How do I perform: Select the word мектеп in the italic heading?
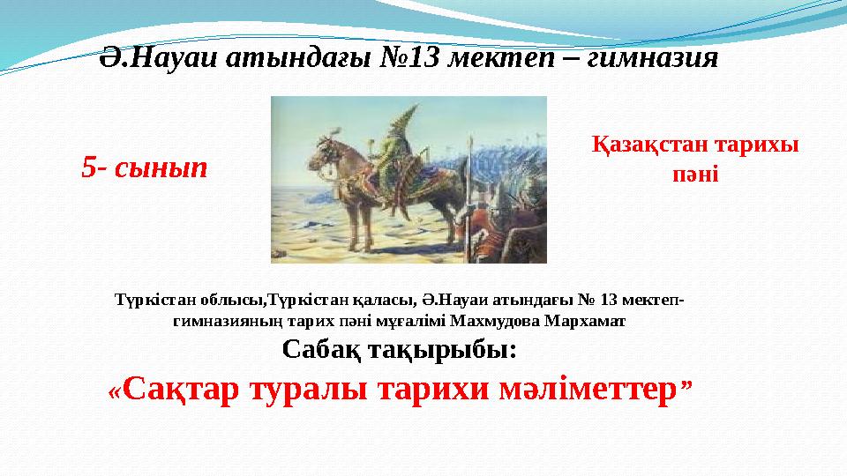click(x=502, y=58)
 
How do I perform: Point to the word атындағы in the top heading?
click(x=298, y=58)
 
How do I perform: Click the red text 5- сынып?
click(x=144, y=167)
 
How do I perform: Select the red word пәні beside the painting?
click(x=695, y=175)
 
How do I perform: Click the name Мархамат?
click(x=585, y=321)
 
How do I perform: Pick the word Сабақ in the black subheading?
click(x=322, y=350)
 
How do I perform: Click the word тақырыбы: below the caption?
click(x=442, y=351)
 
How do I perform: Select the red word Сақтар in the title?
click(x=180, y=390)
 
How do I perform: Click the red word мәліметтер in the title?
click(x=588, y=390)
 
